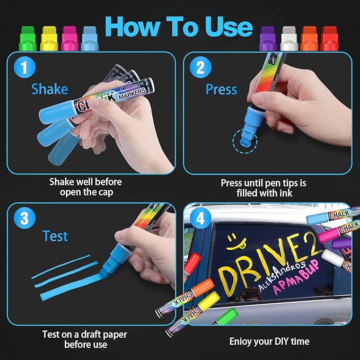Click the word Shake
tap(49, 89)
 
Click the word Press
tap(221, 89)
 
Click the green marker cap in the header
tap(27, 38)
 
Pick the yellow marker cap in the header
tap(49, 38)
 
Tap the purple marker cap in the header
tap(268, 38)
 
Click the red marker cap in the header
tap(330, 38)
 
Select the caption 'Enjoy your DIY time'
tap(269, 341)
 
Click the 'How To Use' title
tap(178, 27)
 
